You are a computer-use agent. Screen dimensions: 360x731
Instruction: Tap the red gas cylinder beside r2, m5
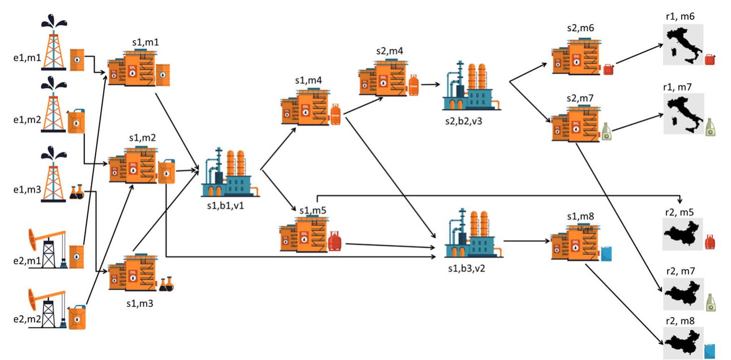(710, 241)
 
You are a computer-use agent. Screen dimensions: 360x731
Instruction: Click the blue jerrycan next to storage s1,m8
(606, 253)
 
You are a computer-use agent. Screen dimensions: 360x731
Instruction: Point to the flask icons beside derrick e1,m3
(77, 192)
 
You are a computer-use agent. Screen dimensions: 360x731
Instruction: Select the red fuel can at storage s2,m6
(609, 69)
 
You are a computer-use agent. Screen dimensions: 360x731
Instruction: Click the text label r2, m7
(682, 272)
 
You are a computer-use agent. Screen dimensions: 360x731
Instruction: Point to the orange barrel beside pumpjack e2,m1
(76, 256)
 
